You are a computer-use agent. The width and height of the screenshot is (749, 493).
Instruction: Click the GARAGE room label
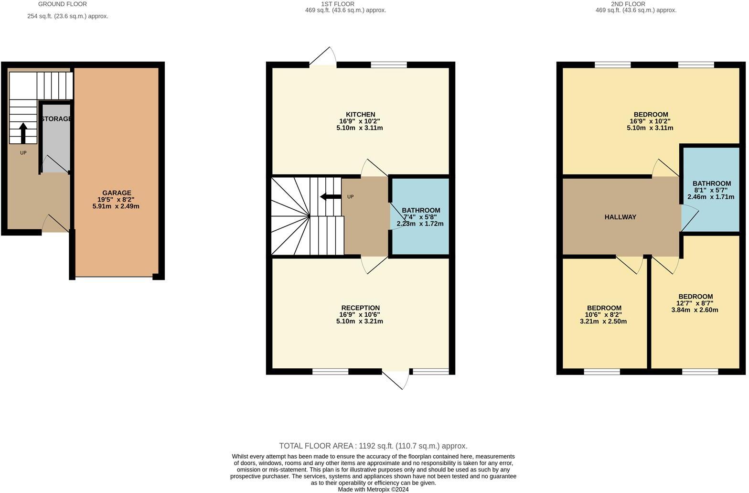pyautogui.click(x=117, y=193)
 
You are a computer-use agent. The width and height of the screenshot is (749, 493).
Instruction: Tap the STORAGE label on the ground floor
pyautogui.click(x=56, y=118)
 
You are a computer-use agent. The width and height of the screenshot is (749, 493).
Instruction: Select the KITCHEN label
pyautogui.click(x=360, y=114)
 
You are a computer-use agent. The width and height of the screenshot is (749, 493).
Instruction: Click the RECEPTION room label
pyautogui.click(x=360, y=308)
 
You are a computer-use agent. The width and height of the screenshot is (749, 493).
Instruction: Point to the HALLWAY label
pyautogui.click(x=620, y=217)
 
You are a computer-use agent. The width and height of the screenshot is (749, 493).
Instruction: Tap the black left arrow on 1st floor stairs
pyautogui.click(x=330, y=197)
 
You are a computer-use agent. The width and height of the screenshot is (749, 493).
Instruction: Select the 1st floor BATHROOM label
pyautogui.click(x=420, y=210)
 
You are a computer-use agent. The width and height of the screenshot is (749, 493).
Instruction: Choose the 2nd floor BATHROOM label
pyautogui.click(x=711, y=183)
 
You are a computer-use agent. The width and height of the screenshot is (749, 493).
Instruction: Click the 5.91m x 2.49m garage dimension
pyautogui.click(x=116, y=206)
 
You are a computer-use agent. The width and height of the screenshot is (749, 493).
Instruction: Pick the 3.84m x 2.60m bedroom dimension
pyautogui.click(x=695, y=310)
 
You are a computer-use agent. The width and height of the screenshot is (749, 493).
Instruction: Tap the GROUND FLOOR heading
pyautogui.click(x=63, y=4)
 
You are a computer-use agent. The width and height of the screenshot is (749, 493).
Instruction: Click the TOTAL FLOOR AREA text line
pyautogui.click(x=373, y=446)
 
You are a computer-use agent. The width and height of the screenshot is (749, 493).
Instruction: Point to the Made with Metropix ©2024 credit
pyautogui.click(x=373, y=489)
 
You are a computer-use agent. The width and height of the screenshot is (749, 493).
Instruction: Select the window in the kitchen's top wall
pyautogui.click(x=389, y=64)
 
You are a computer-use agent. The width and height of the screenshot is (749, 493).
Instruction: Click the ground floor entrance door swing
pyautogui.click(x=55, y=224)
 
